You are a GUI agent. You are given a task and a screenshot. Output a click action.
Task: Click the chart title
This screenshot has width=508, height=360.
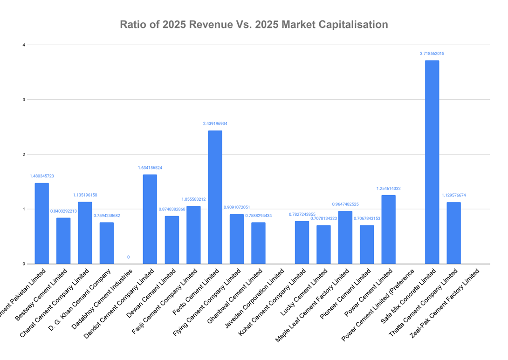click(254, 25)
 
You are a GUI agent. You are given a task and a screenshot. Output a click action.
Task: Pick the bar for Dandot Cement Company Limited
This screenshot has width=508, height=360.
click(150, 219)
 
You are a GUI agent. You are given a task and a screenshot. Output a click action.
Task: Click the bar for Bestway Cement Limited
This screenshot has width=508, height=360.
click(63, 240)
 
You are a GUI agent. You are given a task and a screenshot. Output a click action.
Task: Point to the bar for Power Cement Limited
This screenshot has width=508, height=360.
click(389, 229)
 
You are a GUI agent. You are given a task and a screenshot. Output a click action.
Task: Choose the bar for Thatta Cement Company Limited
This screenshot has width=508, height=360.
click(453, 233)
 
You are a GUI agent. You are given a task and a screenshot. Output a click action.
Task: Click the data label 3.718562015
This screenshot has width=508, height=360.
click(432, 54)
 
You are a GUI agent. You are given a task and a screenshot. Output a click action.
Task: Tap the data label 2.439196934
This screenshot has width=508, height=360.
click(215, 123)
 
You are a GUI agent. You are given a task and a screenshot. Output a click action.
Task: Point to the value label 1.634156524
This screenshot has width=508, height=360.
click(150, 168)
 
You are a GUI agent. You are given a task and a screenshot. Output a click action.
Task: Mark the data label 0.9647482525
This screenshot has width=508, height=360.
click(345, 204)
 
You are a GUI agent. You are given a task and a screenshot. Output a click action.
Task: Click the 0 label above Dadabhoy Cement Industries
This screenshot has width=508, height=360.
click(128, 257)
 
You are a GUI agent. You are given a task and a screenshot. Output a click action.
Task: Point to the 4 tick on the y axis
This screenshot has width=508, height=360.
click(23, 45)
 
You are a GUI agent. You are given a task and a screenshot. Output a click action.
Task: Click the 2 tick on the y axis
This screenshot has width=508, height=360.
click(23, 154)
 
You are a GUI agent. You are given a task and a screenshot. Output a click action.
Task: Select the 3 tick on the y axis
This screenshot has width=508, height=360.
click(23, 100)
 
